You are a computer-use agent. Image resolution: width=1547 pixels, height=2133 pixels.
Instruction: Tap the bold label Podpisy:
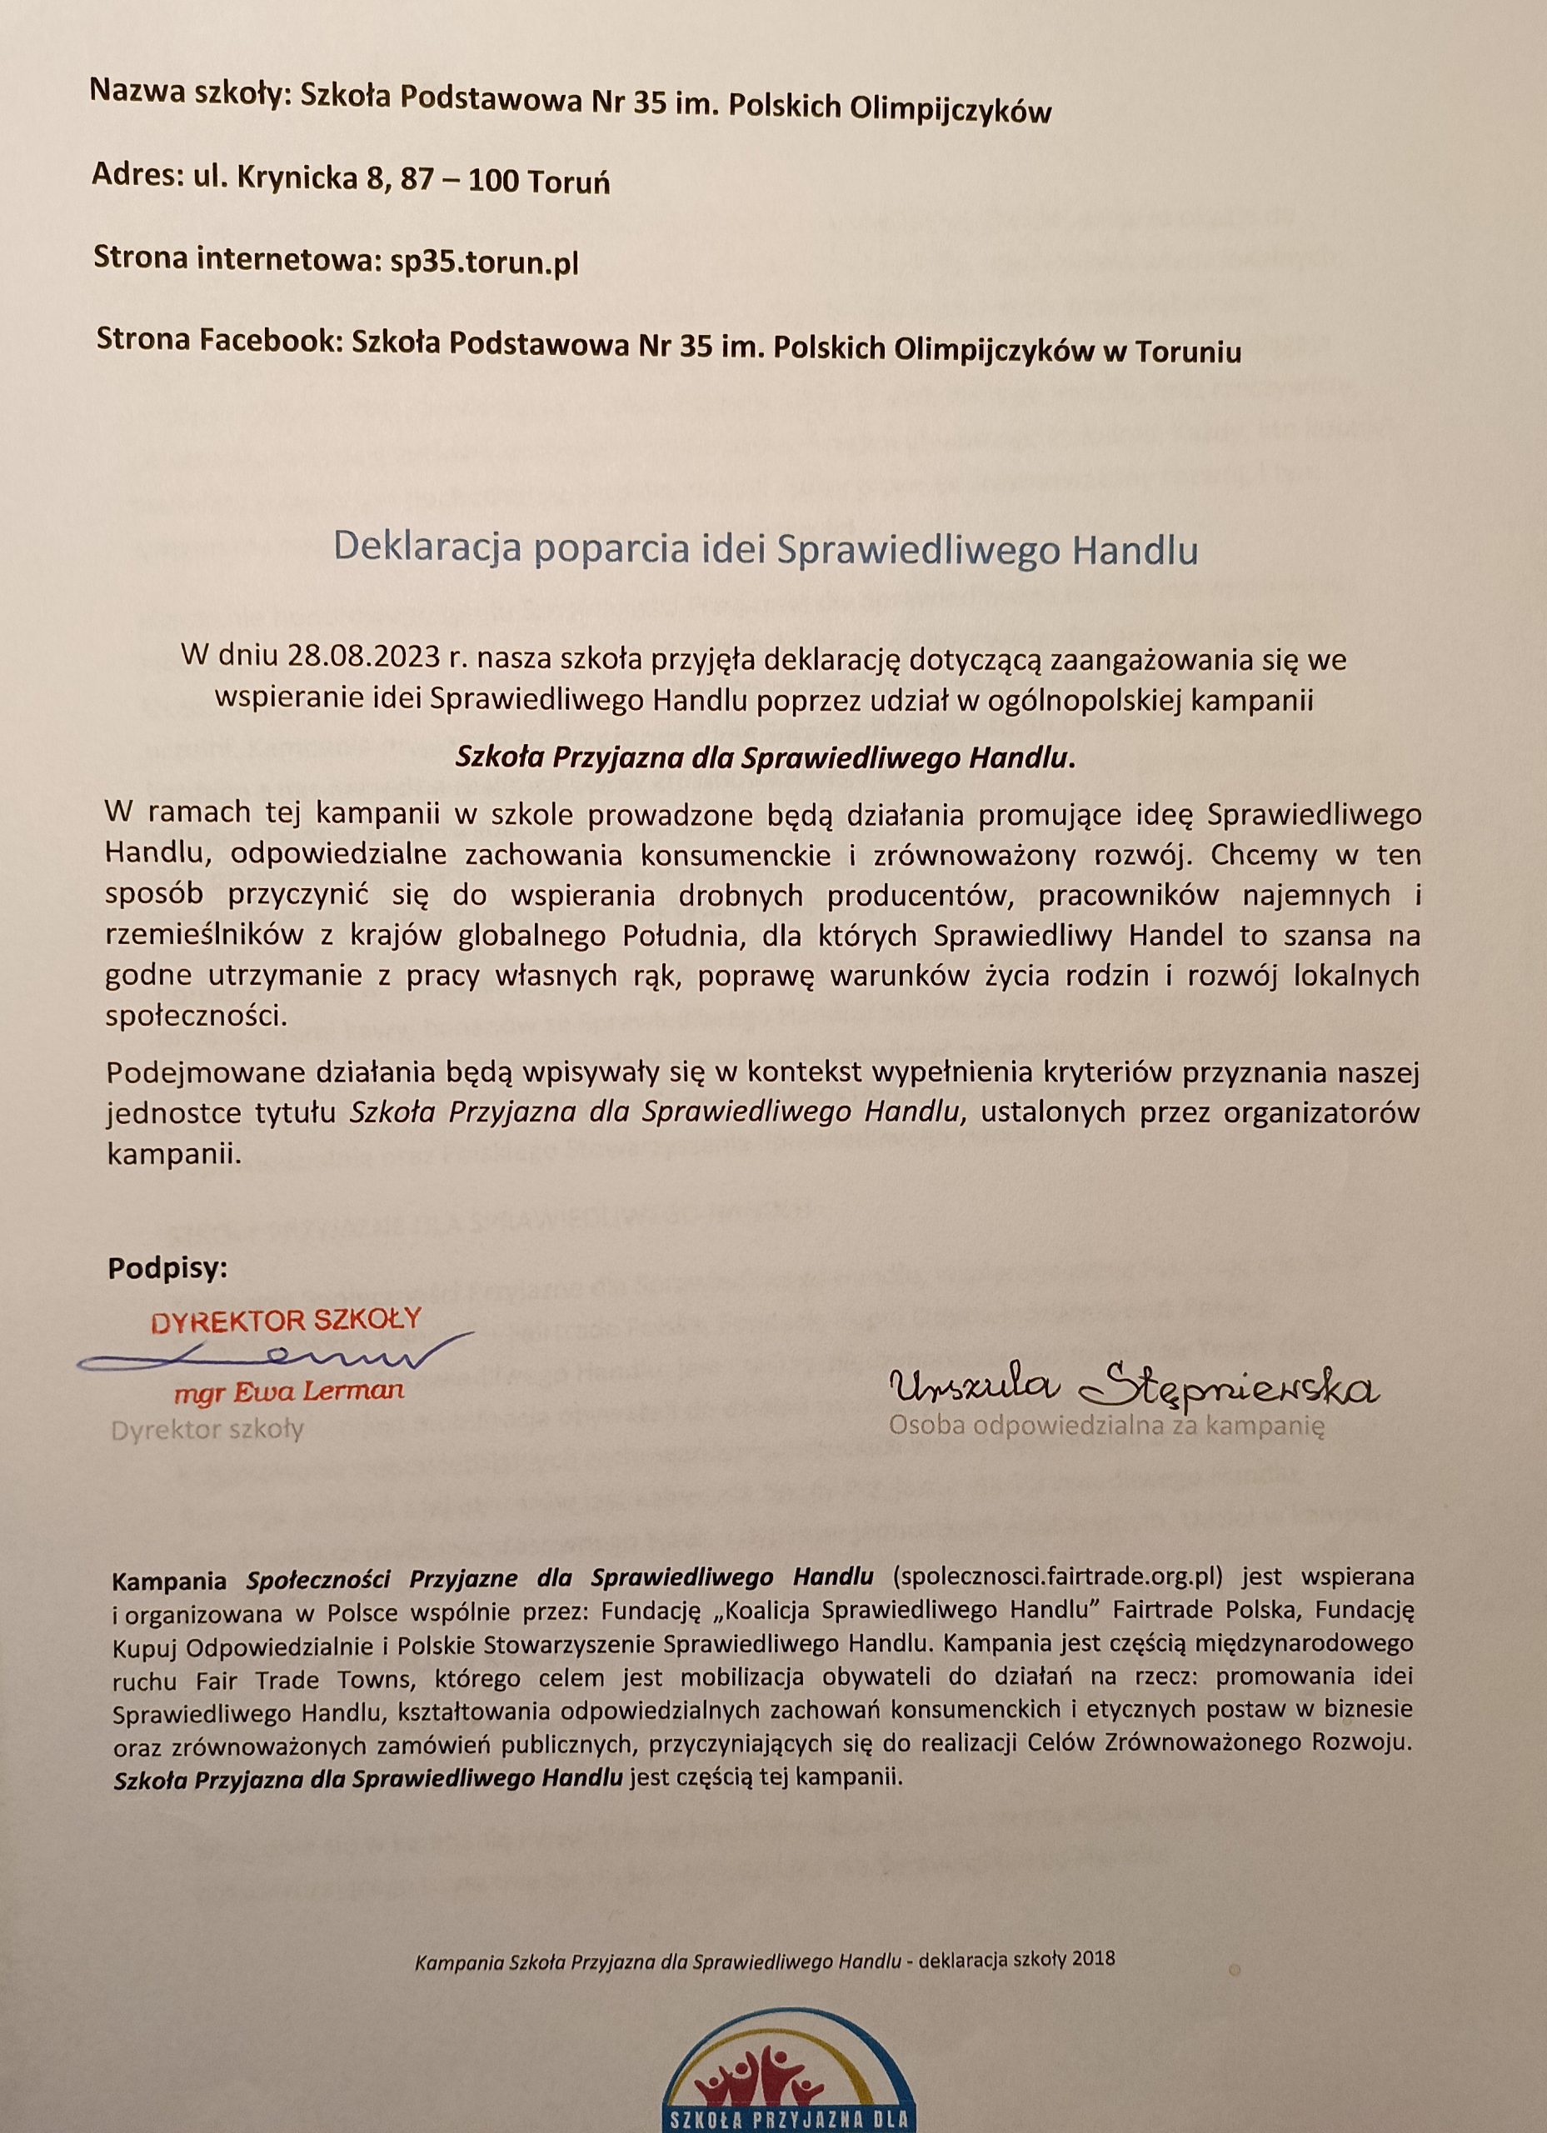(167, 1269)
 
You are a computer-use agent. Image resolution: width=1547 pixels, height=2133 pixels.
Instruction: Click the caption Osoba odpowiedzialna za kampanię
(1107, 1426)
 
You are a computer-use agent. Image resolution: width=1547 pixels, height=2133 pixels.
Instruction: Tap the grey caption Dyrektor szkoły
(207, 1431)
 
